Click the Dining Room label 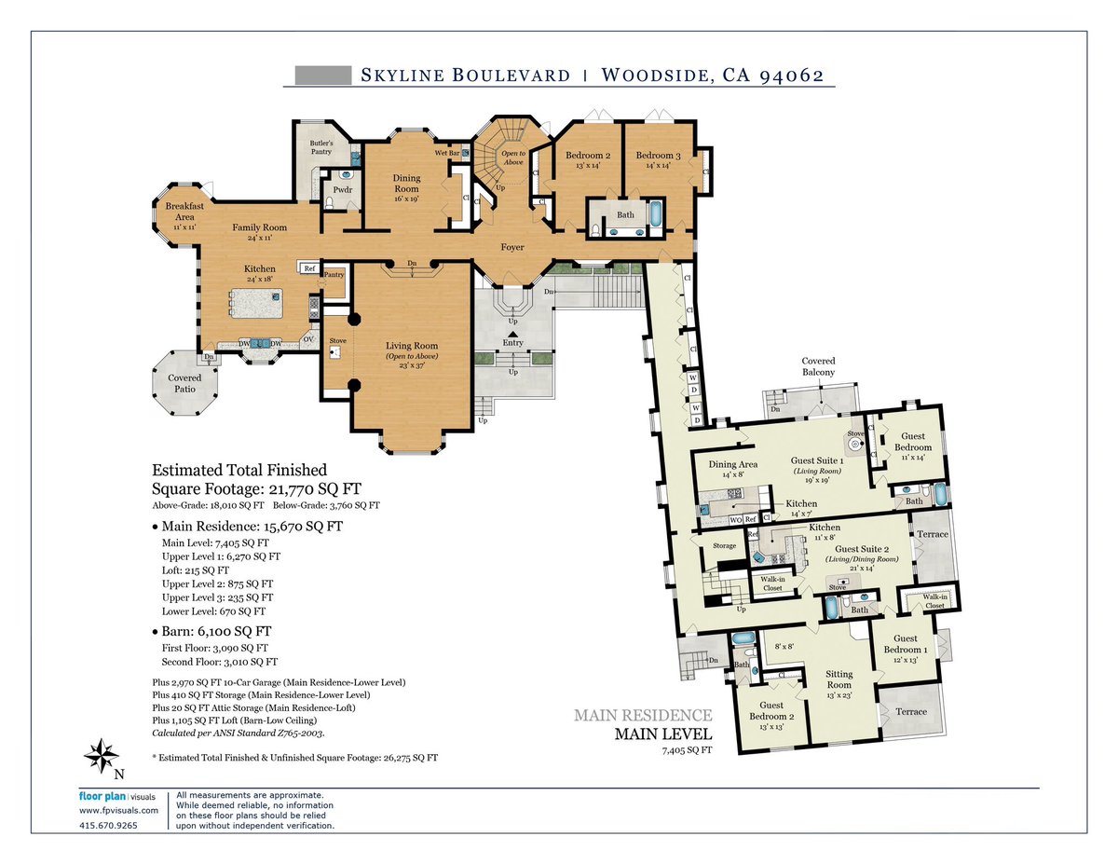point(406,183)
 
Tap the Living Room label point(412,346)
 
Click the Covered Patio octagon point(184,383)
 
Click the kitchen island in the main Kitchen point(254,303)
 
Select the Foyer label point(511,248)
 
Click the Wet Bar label point(447,153)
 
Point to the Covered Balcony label point(818,366)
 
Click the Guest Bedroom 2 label point(777,710)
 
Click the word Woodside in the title point(653,75)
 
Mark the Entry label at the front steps point(512,342)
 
